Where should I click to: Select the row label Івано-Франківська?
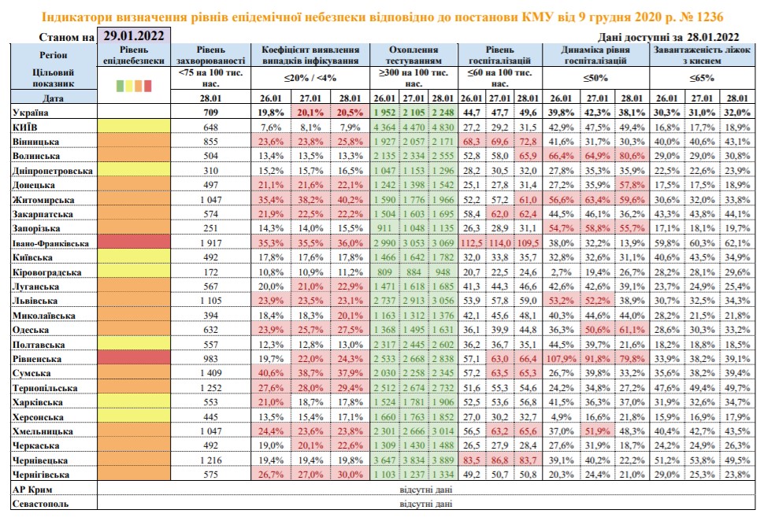click(50, 243)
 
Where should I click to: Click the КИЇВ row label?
click(28, 127)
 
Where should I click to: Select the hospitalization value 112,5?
click(472, 243)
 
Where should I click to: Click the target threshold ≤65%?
click(702, 78)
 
